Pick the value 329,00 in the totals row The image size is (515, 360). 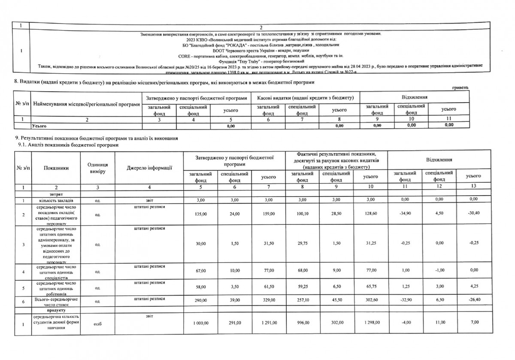click(267, 300)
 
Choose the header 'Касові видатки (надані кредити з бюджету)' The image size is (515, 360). click(305, 98)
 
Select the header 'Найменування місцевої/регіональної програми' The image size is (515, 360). click(87, 105)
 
